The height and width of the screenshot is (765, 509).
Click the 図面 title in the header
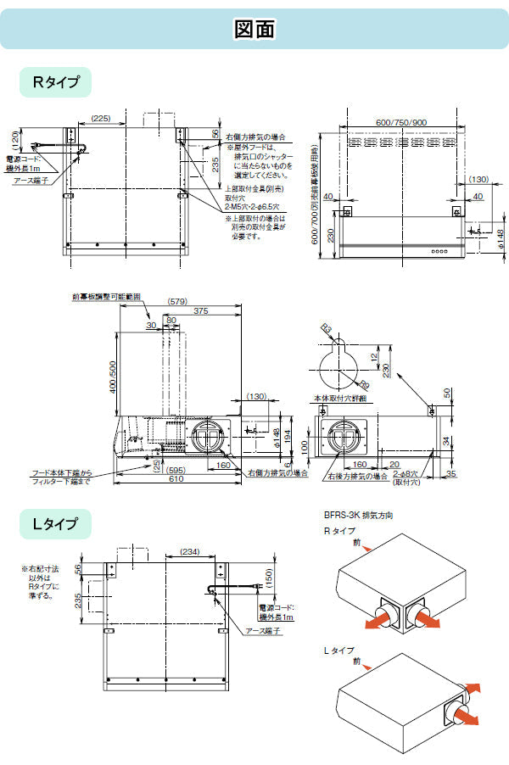point(254,30)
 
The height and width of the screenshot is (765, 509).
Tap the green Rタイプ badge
point(56,82)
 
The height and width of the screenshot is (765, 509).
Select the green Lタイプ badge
point(55,524)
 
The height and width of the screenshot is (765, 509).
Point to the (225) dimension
point(100,118)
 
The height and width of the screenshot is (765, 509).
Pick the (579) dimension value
point(177,300)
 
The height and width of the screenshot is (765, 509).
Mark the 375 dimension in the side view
point(200,311)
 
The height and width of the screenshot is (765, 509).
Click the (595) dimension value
point(176,468)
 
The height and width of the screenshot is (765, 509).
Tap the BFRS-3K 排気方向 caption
point(357,515)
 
